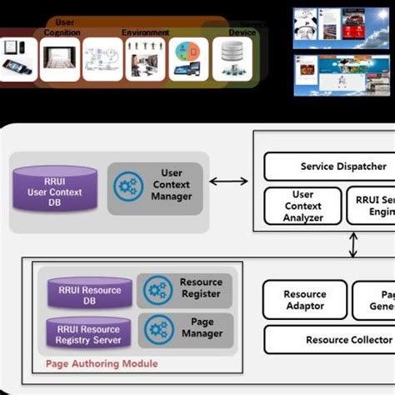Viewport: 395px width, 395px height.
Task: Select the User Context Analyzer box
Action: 302,206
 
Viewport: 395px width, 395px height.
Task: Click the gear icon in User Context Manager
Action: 128,185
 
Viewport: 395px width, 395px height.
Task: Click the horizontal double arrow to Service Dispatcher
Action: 228,181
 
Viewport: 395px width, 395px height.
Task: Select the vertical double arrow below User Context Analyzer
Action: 353,244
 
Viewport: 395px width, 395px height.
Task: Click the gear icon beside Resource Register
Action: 157,290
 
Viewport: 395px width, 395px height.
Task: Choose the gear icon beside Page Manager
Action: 157,329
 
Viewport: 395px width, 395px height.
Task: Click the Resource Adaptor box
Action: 304,300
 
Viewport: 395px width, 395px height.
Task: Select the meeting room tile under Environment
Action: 146,58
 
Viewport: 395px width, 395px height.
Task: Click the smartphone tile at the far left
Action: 17,58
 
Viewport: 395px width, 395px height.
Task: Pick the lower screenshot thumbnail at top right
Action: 342,75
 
